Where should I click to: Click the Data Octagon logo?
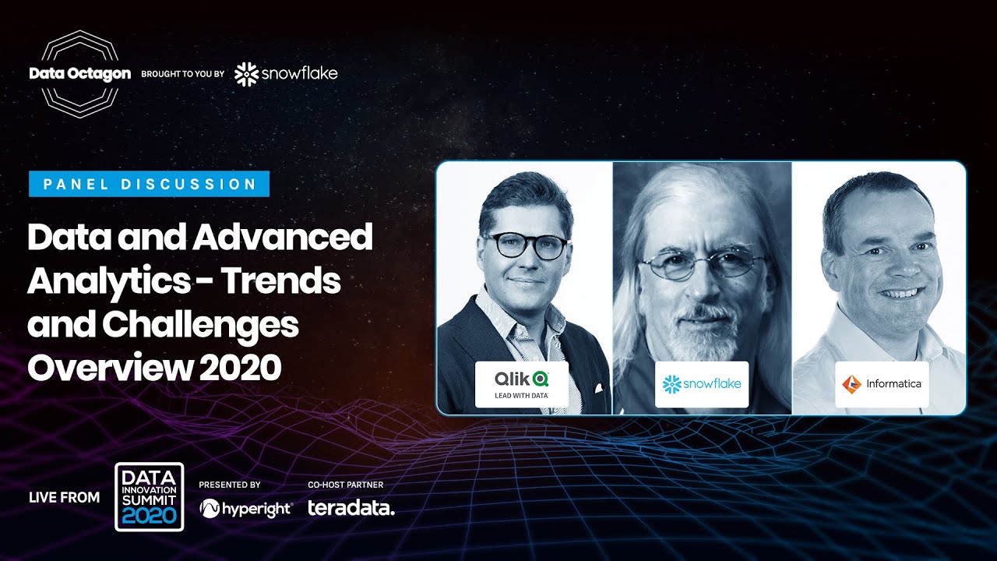(79, 74)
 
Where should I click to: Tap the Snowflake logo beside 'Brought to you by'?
(286, 74)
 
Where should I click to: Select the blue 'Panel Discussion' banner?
(150, 184)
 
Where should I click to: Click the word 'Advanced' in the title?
(284, 238)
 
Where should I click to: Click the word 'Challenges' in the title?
(200, 325)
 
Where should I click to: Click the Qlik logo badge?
(522, 383)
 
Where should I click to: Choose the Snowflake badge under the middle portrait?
(701, 383)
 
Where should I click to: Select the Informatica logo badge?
(882, 383)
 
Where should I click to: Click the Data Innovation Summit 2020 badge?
(149, 496)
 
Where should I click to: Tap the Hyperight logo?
(245, 509)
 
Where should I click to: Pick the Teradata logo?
(351, 509)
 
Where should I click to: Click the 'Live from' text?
(64, 497)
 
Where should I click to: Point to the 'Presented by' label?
(230, 485)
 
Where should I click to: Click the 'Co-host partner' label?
(346, 485)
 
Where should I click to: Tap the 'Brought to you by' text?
(183, 74)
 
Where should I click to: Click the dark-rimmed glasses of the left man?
(526, 246)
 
